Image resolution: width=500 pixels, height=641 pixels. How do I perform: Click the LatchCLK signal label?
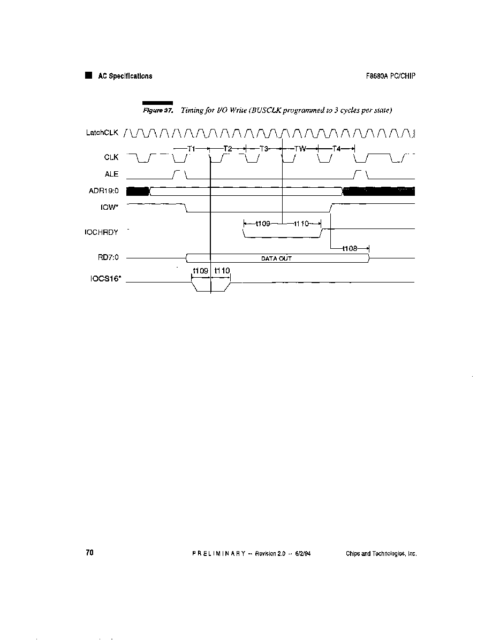(x=102, y=133)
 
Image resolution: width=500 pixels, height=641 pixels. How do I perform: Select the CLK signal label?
(x=111, y=157)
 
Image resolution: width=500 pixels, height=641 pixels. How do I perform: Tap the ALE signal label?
(x=111, y=174)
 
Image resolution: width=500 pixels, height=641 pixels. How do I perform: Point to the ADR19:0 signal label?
(x=103, y=191)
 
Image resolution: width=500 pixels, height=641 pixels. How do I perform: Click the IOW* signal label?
(x=109, y=207)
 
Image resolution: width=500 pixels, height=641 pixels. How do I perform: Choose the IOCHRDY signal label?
(x=102, y=232)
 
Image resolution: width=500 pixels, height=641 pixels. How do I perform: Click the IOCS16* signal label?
(x=105, y=279)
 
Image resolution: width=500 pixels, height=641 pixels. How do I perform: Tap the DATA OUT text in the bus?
(x=277, y=258)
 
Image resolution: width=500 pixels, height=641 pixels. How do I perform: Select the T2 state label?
(x=228, y=149)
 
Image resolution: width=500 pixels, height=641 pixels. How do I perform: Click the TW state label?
(x=300, y=149)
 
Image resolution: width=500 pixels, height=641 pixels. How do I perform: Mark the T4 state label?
(x=336, y=149)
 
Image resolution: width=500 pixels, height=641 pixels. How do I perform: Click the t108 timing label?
(x=350, y=248)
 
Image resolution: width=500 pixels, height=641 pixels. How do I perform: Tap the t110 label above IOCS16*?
(x=222, y=271)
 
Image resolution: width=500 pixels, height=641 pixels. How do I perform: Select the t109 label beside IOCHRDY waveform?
(x=263, y=224)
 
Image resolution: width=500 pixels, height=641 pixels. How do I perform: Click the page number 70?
(x=89, y=553)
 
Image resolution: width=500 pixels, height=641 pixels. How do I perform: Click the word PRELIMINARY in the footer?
(x=219, y=553)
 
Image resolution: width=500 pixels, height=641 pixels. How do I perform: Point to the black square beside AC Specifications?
(x=89, y=75)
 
